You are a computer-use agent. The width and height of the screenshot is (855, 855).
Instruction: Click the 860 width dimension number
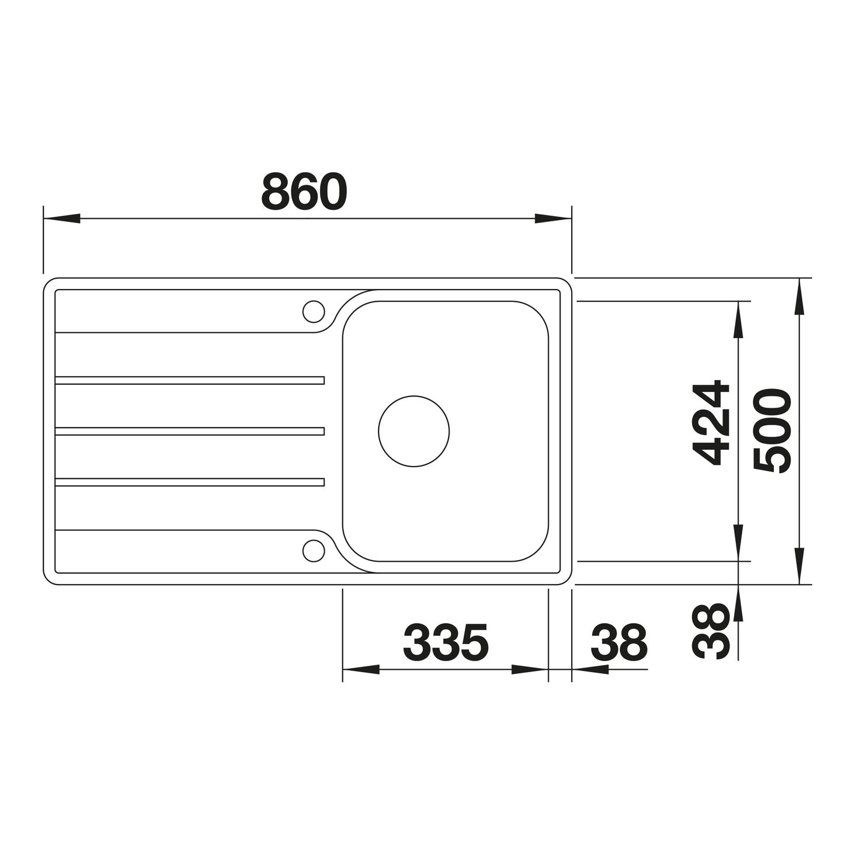tap(304, 192)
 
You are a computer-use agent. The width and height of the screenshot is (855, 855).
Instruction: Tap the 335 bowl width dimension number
tap(446, 642)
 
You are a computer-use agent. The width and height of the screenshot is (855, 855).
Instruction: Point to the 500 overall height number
tap(773, 431)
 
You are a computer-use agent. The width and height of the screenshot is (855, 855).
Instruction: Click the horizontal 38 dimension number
tap(619, 642)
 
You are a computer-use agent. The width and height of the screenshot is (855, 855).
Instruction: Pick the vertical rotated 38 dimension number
tap(711, 631)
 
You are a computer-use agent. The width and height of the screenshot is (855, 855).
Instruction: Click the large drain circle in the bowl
tap(413, 431)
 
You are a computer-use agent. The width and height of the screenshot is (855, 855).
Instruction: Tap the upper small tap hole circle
tap(313, 311)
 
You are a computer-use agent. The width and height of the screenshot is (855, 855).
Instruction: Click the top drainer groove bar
tap(190, 380)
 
